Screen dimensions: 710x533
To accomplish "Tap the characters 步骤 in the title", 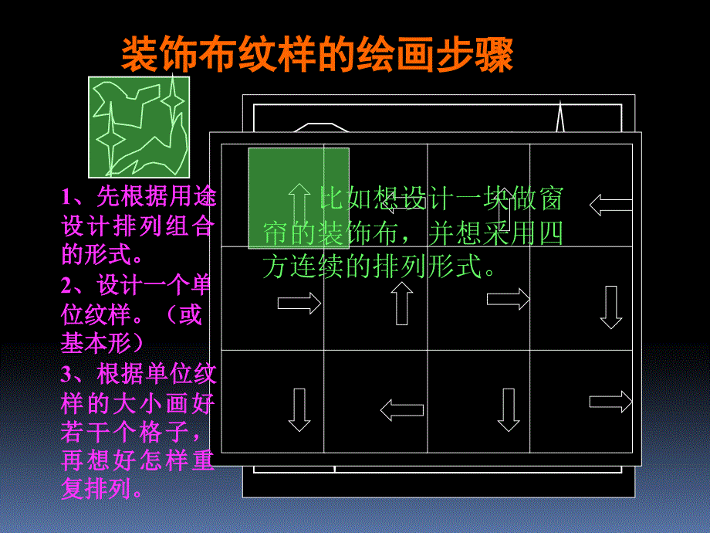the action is (475, 54).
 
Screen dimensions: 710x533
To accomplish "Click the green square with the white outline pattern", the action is (139, 127).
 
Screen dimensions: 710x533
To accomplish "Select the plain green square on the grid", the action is (299, 198).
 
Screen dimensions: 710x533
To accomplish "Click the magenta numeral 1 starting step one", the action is (66, 197).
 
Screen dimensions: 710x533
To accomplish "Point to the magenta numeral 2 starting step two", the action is (66, 286).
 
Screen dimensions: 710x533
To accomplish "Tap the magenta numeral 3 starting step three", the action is (66, 375).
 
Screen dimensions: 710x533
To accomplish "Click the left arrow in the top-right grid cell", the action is (611, 205).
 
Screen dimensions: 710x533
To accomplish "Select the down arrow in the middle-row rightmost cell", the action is (611, 307).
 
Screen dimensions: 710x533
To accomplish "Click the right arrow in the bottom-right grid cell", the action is (611, 402).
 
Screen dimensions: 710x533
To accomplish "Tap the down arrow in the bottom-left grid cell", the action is (299, 409).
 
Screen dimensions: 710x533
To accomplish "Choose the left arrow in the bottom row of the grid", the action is (401, 410).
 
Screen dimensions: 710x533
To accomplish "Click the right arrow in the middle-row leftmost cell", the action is (299, 303).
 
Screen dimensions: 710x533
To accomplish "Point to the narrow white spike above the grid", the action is (560, 116).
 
